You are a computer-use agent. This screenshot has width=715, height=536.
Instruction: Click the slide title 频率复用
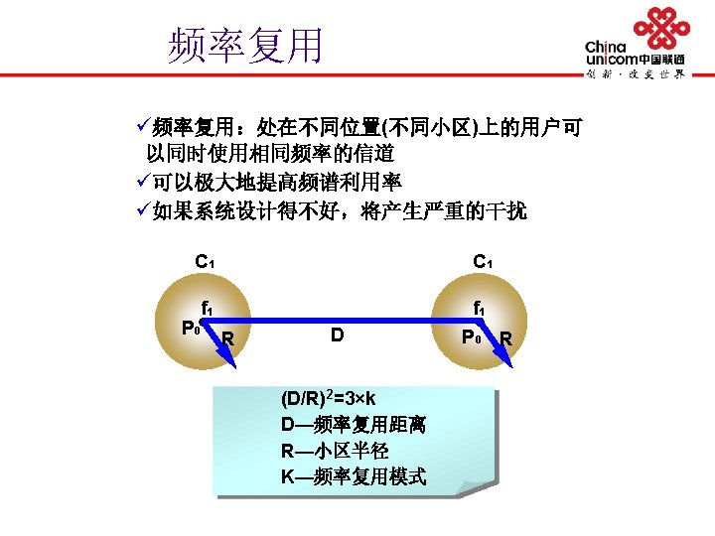(x=246, y=45)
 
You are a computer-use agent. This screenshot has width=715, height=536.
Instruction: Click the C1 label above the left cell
(x=206, y=263)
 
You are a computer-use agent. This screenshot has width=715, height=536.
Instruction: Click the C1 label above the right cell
(x=483, y=263)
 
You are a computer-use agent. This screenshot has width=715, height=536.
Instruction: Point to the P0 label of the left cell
(x=190, y=328)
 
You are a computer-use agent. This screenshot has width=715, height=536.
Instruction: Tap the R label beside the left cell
(x=228, y=339)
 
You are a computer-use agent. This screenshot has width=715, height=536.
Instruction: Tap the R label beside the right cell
(x=506, y=339)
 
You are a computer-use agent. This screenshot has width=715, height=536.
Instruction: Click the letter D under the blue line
(x=338, y=335)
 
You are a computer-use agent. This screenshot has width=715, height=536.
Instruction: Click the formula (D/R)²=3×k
(x=328, y=398)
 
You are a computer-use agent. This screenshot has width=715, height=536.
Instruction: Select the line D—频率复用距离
(x=353, y=425)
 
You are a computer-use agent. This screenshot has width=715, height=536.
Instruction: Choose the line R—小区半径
(x=334, y=451)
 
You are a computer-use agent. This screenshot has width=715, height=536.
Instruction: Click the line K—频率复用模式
(x=353, y=477)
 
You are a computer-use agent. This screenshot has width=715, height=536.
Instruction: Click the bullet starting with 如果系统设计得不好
(x=339, y=210)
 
